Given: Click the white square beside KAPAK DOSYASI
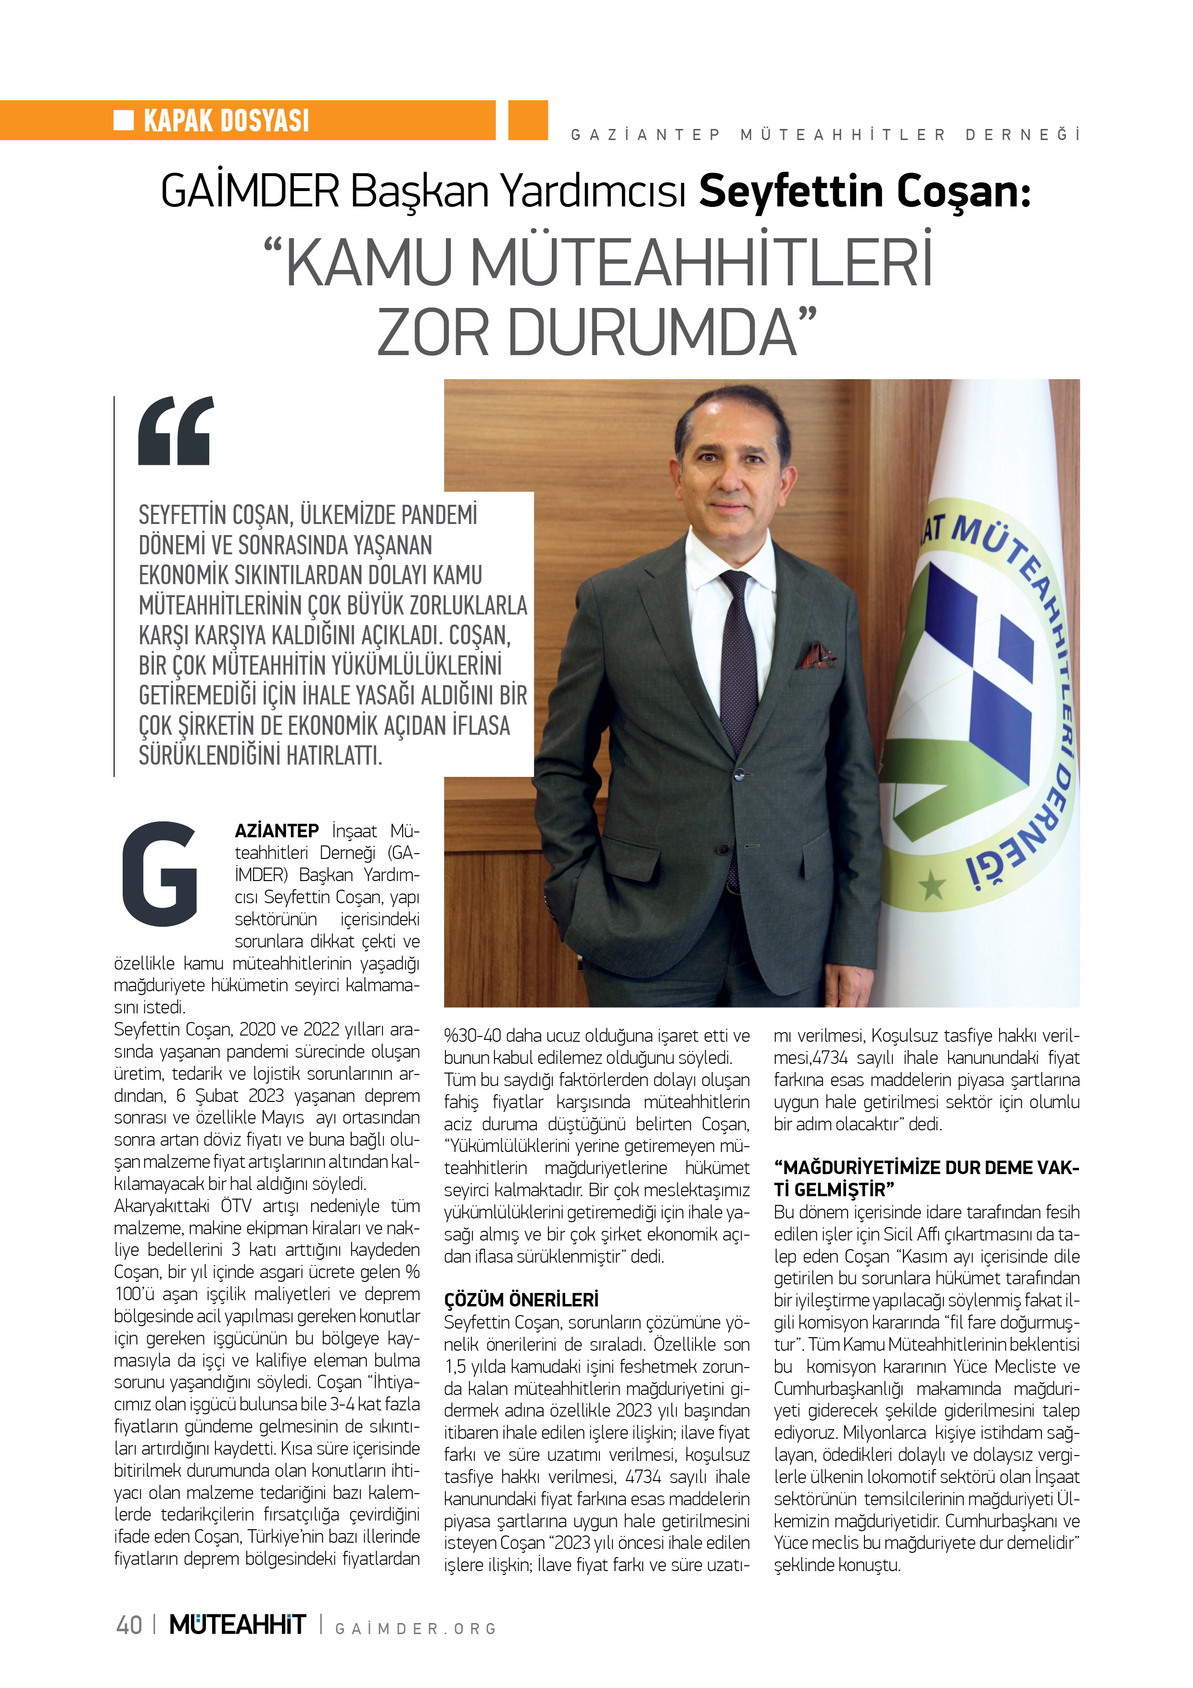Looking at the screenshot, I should pos(124,120).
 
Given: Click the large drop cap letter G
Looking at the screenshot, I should pos(160,874).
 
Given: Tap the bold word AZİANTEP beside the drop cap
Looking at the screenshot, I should pos(277,831).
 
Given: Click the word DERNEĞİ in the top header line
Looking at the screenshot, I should pos(1022,135).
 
